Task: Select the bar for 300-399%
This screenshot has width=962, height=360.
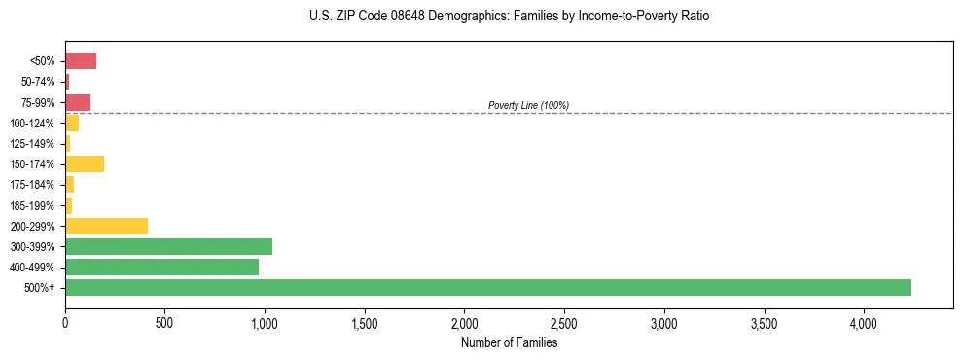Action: [168, 246]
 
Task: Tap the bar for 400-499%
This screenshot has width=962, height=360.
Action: [161, 267]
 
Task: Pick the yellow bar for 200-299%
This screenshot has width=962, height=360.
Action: [106, 226]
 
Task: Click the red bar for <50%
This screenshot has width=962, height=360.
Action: [81, 61]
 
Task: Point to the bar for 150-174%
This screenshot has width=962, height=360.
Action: [85, 163]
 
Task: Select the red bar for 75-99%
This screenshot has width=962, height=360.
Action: [78, 102]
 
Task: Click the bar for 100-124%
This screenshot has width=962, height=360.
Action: [72, 123]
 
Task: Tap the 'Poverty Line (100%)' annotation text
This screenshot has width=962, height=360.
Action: [528, 105]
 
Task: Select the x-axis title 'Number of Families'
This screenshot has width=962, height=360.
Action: [509, 342]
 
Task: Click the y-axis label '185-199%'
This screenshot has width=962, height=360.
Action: [32, 205]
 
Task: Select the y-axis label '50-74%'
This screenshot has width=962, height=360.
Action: [38, 82]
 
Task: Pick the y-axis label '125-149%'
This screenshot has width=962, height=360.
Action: [32, 144]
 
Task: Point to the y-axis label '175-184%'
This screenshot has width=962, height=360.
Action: [32, 185]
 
